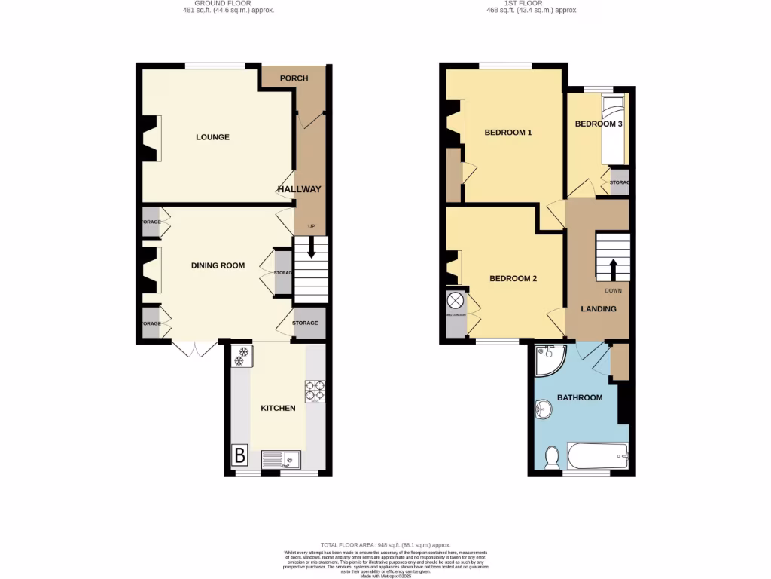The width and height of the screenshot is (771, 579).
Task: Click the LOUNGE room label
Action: pyautogui.click(x=212, y=137)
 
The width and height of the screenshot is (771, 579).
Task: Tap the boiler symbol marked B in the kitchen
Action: pyautogui.click(x=239, y=455)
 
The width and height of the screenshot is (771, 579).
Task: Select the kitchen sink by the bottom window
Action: pyautogui.click(x=281, y=458)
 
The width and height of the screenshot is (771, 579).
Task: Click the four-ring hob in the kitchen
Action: pyautogui.click(x=315, y=391)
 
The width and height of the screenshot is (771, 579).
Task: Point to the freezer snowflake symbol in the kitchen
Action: pyautogui.click(x=242, y=356)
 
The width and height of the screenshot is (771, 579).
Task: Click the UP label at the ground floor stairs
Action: pyautogui.click(x=311, y=226)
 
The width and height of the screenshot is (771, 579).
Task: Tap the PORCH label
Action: pyautogui.click(x=294, y=78)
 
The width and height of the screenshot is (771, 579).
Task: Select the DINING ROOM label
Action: pyautogui.click(x=218, y=265)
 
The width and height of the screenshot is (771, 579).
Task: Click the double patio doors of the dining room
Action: pyautogui.click(x=195, y=349)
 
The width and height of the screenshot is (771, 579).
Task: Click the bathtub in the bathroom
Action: pyautogui.click(x=597, y=455)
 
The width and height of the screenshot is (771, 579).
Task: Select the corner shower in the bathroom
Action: pyautogui.click(x=550, y=361)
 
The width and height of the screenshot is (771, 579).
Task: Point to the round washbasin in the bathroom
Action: pyautogui.click(x=542, y=409)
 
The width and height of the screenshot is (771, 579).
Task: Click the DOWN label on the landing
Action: pyautogui.click(x=613, y=290)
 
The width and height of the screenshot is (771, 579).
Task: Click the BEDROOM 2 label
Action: pyautogui.click(x=513, y=278)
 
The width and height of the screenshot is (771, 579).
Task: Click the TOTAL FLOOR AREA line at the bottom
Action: pyautogui.click(x=385, y=544)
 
